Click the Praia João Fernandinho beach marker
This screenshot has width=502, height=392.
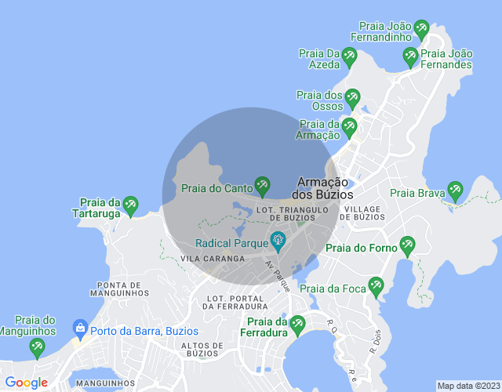pos(421,29)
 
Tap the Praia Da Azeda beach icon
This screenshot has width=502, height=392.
pos(349,56)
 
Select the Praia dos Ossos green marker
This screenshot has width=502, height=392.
pos(352,98)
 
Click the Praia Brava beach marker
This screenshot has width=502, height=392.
pos(455,191)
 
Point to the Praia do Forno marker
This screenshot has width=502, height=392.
pos(406,245)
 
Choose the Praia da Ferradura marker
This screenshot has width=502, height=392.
pos(296,324)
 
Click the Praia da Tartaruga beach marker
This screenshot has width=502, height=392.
pos(130,205)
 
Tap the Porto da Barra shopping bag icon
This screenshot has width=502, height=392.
pos(79,328)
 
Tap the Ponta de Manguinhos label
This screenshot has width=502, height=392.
pos(120,289)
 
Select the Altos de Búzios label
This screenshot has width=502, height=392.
pos(203,349)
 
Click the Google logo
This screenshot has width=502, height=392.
pos(26,383)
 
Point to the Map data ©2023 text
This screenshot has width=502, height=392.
pos(467,386)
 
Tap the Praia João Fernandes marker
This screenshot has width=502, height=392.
pos(409,56)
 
